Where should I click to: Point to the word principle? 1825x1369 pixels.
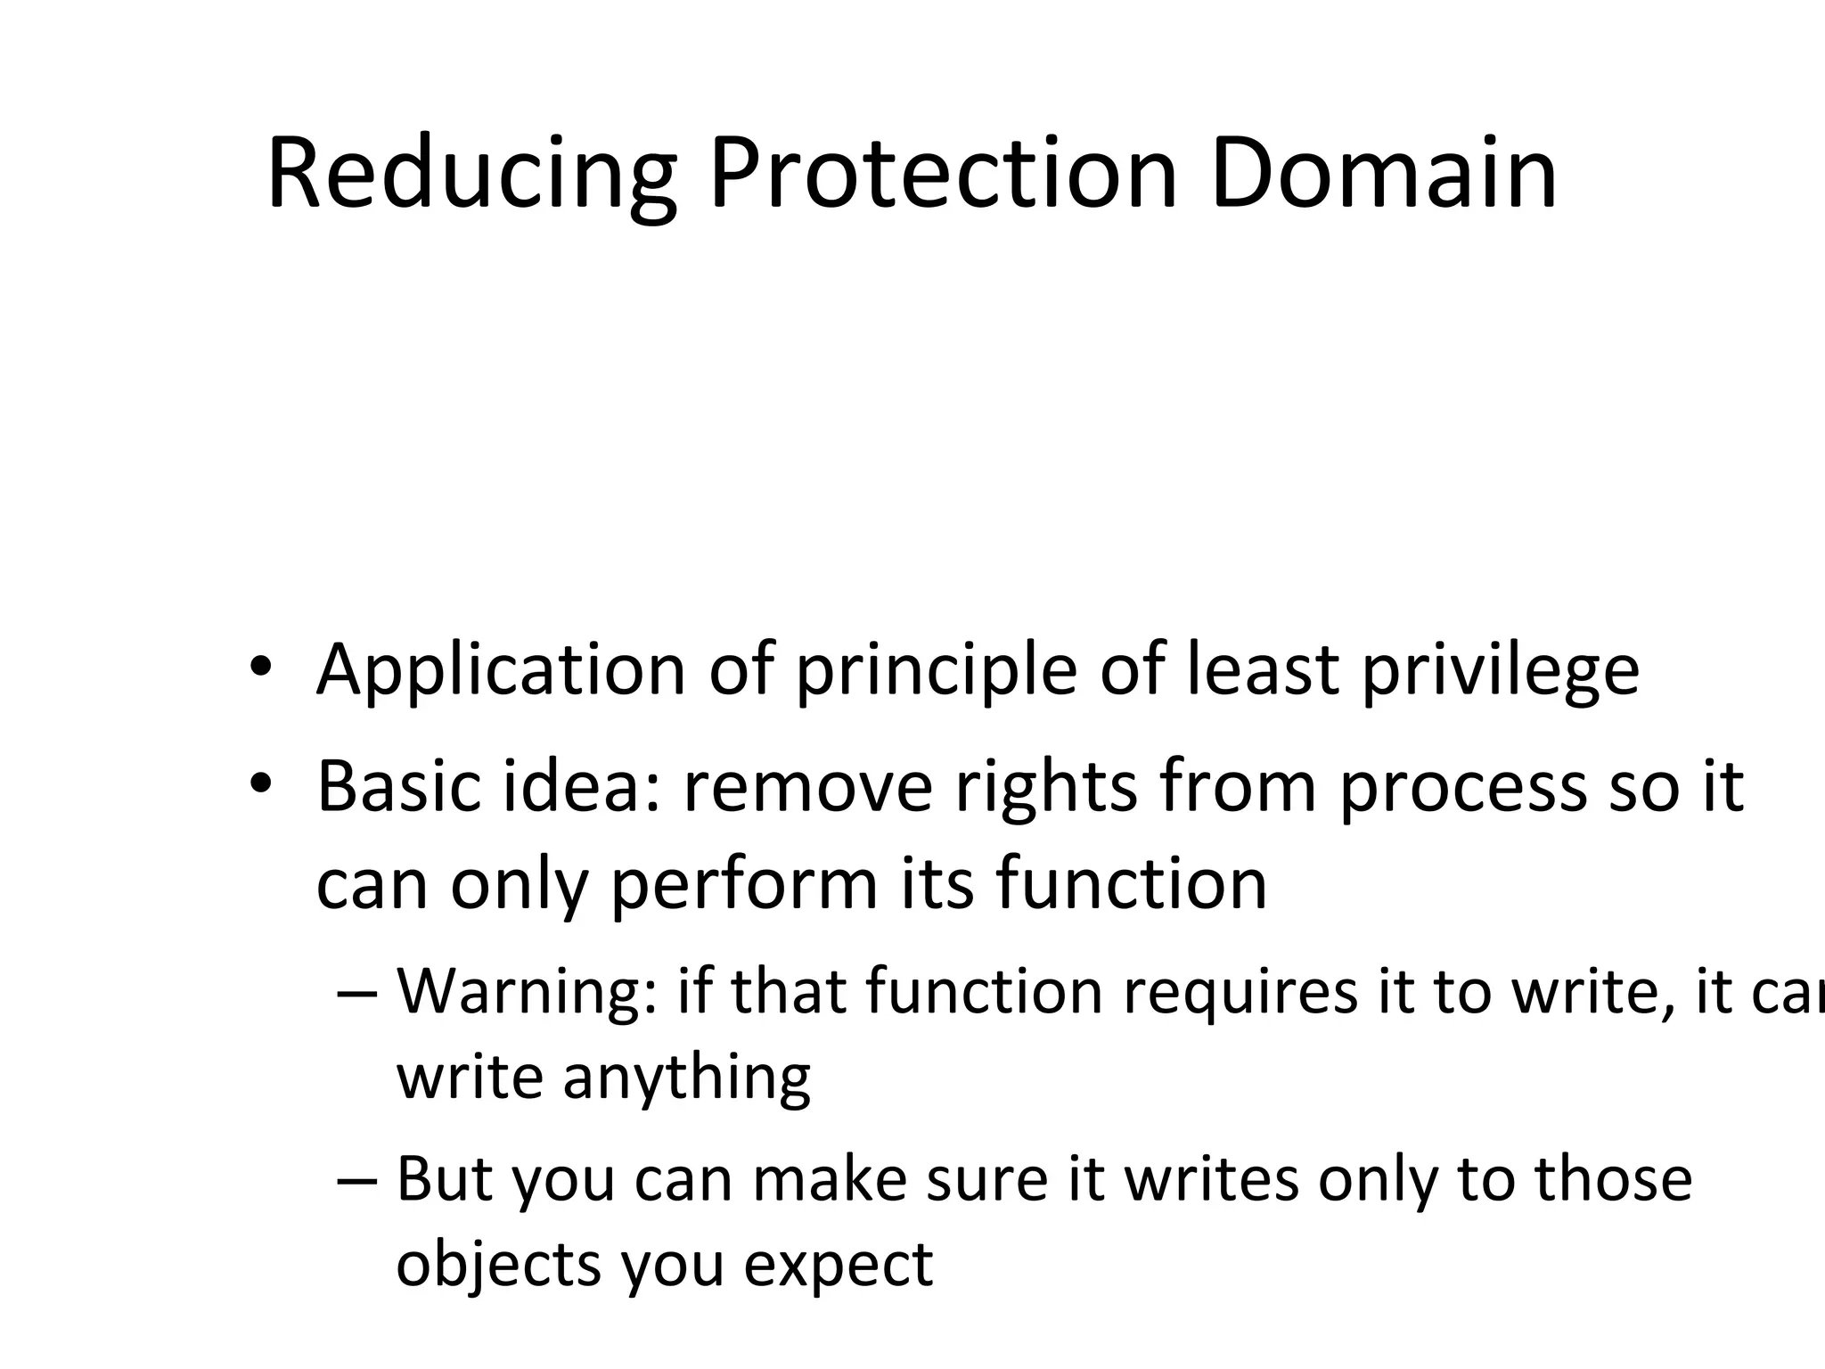point(936,671)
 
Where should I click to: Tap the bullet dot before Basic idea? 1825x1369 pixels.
point(260,785)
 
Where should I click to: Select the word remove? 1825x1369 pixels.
point(807,788)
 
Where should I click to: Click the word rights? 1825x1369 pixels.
point(1046,788)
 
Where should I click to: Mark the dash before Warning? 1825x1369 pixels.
point(358,993)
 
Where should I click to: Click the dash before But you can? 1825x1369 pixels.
point(358,1179)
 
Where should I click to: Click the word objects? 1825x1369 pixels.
point(498,1265)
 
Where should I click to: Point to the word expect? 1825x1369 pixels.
point(838,1265)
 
